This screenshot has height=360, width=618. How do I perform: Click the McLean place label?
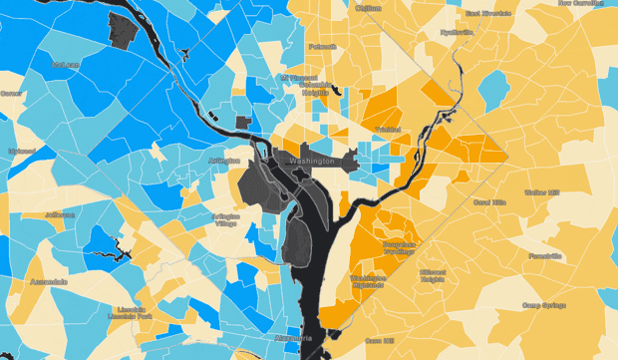65,65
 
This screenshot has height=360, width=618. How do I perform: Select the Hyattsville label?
457,31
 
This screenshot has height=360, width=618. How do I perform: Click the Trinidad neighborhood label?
386,130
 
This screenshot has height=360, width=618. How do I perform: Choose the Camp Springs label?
542,306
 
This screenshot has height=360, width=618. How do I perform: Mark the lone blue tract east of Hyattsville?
493,90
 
